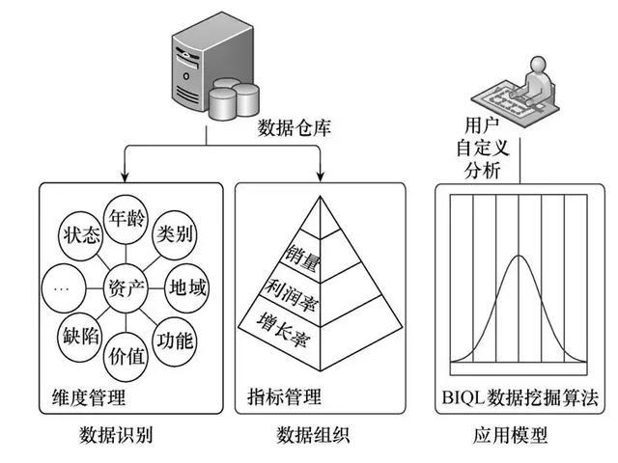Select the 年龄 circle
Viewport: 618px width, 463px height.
(x=129, y=219)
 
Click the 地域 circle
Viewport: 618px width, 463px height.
(x=188, y=287)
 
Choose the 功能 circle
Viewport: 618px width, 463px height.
(x=176, y=340)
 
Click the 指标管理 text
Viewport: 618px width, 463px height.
(x=284, y=396)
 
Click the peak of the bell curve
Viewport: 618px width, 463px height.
(x=520, y=258)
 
